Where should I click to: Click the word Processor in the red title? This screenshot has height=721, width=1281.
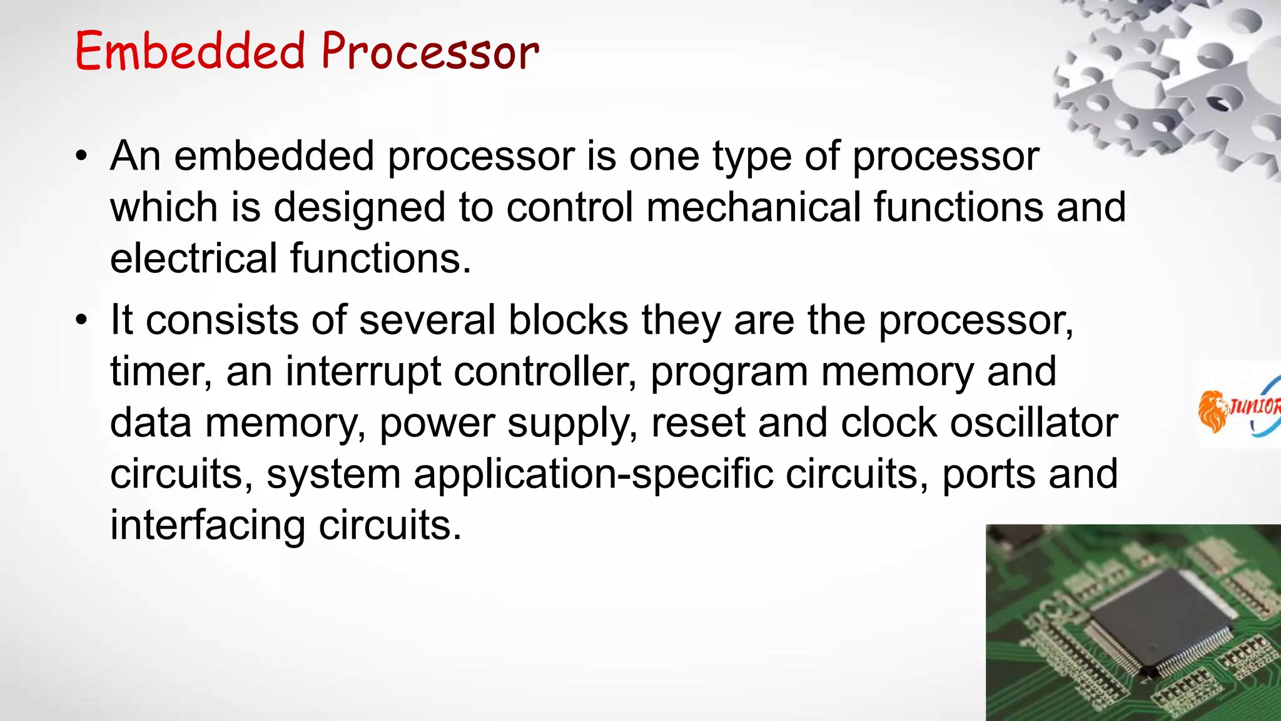click(430, 51)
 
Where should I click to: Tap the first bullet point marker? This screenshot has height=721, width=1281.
click(81, 156)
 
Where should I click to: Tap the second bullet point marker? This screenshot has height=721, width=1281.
click(81, 320)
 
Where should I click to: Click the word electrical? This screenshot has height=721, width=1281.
click(193, 258)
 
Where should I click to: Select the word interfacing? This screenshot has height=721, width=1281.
click(208, 525)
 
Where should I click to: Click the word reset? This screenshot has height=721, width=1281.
click(698, 423)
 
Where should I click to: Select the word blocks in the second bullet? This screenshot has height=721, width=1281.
click(568, 320)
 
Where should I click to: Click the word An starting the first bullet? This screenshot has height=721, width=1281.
click(136, 156)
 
